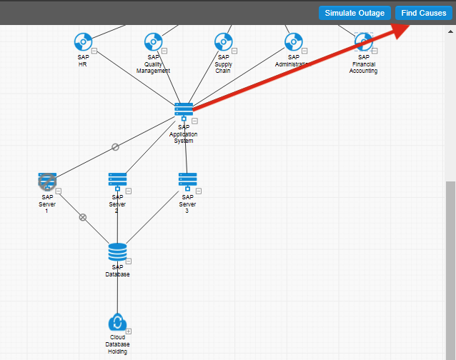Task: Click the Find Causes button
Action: coord(424,13)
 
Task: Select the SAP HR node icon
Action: coord(83,41)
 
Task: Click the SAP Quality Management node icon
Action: coord(153,41)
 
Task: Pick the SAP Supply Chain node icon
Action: coord(223,41)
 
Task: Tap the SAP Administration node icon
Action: coord(293,41)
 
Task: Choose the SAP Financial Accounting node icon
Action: coord(363,41)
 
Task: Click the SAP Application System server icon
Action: coord(184,109)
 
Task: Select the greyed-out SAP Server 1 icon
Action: coord(47,181)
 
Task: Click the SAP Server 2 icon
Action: coord(117,179)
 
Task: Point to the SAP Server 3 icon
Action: coord(187,179)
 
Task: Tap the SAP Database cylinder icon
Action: coord(117,251)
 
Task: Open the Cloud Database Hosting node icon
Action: coord(117,323)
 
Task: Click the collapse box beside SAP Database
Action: coord(129,261)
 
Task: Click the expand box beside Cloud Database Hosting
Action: coord(129,331)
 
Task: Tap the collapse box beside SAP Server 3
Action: coord(199,191)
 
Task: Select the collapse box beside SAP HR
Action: coord(94,51)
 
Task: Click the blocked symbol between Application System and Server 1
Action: coord(115,146)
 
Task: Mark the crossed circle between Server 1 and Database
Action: coord(83,217)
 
